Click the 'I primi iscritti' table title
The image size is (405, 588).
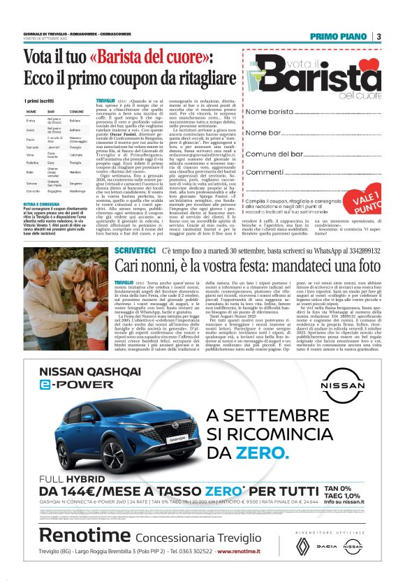[x=39, y=101]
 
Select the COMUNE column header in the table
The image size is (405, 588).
[x=77, y=112]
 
